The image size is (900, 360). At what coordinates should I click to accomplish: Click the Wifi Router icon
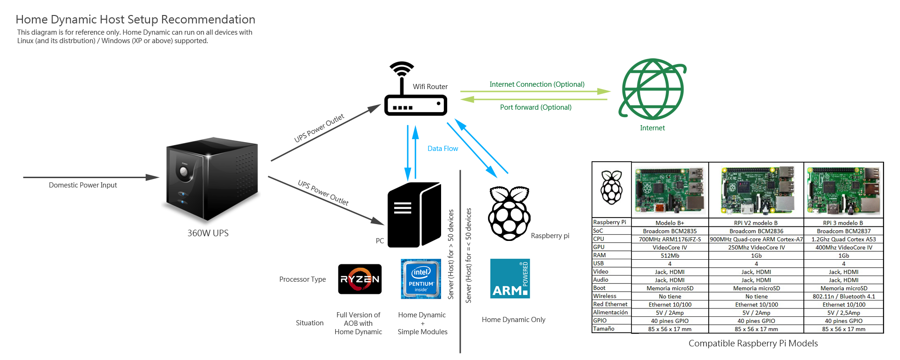click(415, 94)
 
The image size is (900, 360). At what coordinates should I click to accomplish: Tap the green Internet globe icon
click(652, 89)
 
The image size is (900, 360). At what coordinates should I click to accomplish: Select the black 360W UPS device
click(212, 178)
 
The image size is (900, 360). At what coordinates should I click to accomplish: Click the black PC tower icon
click(414, 215)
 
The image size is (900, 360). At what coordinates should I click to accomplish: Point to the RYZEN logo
click(360, 279)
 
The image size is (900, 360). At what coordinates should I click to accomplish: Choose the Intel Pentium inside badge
click(421, 279)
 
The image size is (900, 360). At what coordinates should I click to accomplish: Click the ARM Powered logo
click(510, 278)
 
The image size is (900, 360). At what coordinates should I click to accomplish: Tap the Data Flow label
click(442, 149)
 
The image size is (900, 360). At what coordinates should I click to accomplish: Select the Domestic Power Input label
click(83, 185)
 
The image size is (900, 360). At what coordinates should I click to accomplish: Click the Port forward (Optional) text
click(536, 107)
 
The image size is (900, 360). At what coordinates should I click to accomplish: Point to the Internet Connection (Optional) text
click(537, 84)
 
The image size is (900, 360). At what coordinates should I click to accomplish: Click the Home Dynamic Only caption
click(513, 320)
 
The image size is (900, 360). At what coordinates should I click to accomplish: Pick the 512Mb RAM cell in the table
click(670, 255)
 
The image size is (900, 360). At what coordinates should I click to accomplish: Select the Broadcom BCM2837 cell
click(843, 231)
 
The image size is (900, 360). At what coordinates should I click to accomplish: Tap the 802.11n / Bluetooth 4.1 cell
click(843, 296)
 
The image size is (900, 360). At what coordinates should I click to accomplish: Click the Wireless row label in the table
click(605, 296)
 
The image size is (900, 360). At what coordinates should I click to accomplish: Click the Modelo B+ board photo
click(670, 190)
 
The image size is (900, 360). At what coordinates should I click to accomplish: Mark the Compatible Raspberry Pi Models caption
click(753, 344)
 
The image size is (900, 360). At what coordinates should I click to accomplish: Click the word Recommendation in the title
click(208, 20)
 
